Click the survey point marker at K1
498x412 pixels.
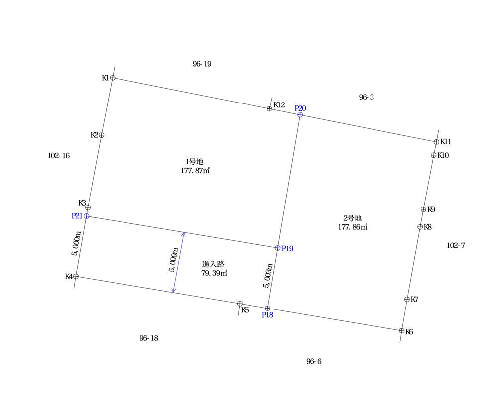point(113,78)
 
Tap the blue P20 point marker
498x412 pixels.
point(300,115)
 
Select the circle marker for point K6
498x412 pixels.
point(401,331)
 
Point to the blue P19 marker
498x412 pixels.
point(277,248)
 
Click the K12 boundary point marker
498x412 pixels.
point(269,109)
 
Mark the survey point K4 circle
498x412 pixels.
point(76,277)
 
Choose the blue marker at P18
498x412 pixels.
point(267,308)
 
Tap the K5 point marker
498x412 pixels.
point(240,304)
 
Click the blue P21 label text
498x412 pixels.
point(77,216)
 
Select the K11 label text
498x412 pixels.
point(446,142)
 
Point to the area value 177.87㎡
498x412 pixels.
point(195,171)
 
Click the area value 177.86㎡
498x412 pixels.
point(352,227)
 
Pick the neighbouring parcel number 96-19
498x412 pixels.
point(202,64)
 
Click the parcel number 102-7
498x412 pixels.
point(456,245)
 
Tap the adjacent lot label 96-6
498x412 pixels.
point(313,362)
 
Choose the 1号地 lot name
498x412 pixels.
point(194,162)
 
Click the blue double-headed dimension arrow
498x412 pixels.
point(179,262)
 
